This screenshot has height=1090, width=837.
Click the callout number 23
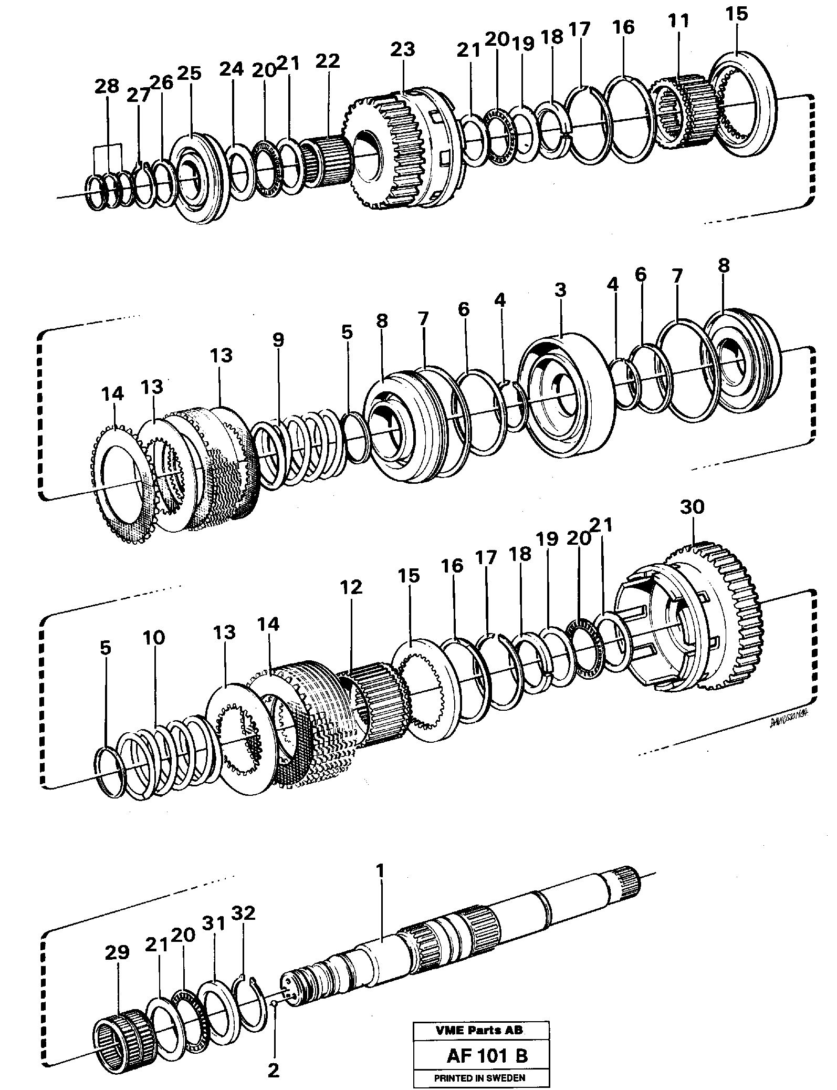click(x=403, y=49)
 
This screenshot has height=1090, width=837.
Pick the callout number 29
click(x=117, y=952)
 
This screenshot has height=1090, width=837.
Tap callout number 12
click(x=351, y=587)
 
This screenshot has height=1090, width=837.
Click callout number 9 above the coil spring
click(x=278, y=340)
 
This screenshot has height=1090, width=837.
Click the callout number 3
click(x=560, y=290)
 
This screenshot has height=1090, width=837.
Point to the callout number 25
click(x=189, y=73)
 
